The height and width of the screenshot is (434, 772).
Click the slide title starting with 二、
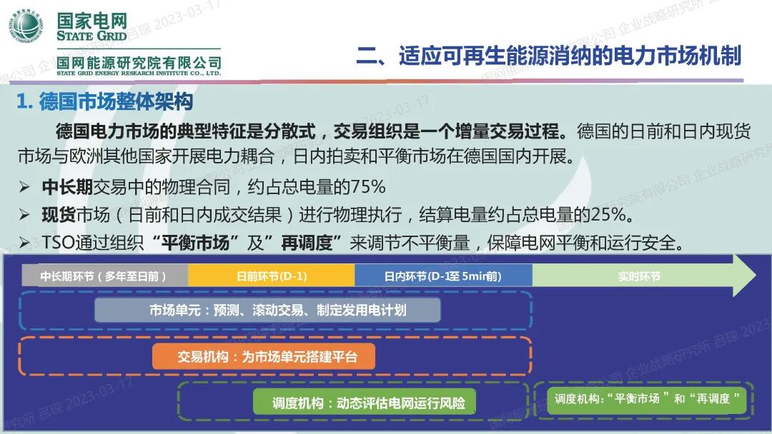click(548, 56)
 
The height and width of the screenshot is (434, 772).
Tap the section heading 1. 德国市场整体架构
click(105, 102)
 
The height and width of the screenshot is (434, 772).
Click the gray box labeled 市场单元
click(267, 311)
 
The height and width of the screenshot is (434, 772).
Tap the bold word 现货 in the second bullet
click(59, 215)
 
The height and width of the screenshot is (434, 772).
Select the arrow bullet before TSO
click(25, 243)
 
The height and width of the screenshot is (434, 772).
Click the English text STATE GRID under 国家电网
click(91, 36)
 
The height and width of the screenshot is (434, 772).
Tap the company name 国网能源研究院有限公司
click(140, 63)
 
